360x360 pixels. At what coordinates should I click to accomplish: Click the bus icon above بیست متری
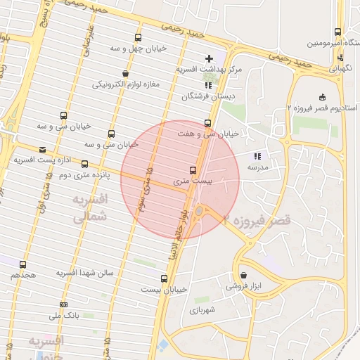tap(193, 170)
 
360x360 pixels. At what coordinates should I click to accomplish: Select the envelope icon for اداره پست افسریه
tap(42, 150)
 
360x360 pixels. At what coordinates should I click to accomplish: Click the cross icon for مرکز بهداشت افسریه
tap(208, 58)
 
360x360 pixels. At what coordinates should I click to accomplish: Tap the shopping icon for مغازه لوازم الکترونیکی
tap(125, 73)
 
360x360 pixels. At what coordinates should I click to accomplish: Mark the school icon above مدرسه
tap(257, 157)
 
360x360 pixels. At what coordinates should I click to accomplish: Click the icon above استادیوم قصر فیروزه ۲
tap(323, 97)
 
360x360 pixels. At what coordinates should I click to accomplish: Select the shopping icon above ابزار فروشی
tap(243, 275)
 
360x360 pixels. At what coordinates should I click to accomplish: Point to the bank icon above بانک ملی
tap(64, 304)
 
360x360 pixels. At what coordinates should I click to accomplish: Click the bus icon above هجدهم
tap(23, 265)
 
